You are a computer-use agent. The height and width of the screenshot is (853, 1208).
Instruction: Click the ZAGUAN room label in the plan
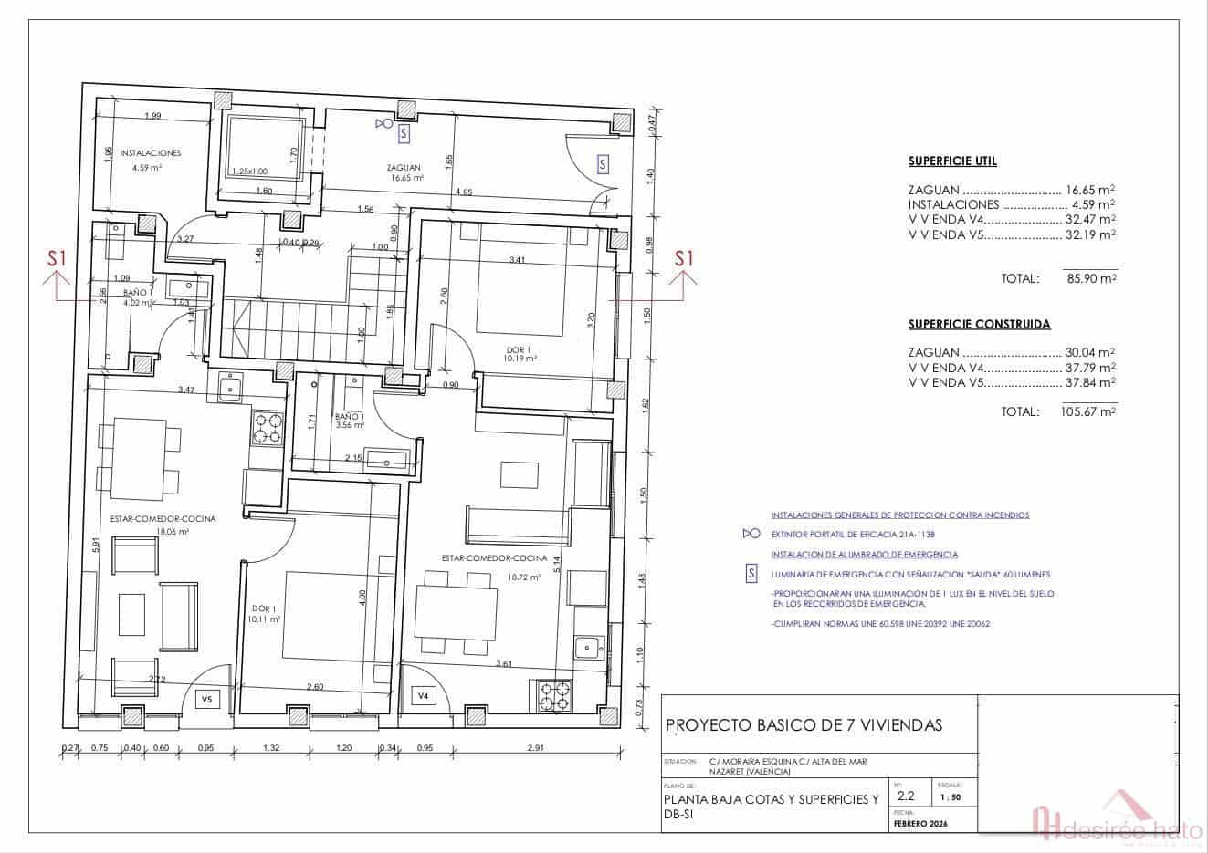point(403,167)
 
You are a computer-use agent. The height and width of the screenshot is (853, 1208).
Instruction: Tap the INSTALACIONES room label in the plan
point(151,153)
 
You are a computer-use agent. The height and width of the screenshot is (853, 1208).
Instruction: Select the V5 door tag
point(206,700)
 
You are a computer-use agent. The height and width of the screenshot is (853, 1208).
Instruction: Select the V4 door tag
point(423,696)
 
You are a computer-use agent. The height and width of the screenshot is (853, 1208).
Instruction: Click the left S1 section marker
point(58,259)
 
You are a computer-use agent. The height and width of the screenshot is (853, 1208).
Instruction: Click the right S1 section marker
point(684,259)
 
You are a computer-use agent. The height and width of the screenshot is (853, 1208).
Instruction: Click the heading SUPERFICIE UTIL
point(952,161)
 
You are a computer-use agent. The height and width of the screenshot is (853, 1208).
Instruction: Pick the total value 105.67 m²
point(1089,412)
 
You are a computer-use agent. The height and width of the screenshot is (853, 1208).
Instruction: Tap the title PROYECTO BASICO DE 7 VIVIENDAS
point(804,725)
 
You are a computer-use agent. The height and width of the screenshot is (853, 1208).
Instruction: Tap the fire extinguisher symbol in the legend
point(751,535)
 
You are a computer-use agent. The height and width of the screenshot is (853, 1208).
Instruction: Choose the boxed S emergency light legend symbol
point(751,574)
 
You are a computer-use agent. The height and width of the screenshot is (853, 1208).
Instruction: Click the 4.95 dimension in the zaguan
point(463,192)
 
